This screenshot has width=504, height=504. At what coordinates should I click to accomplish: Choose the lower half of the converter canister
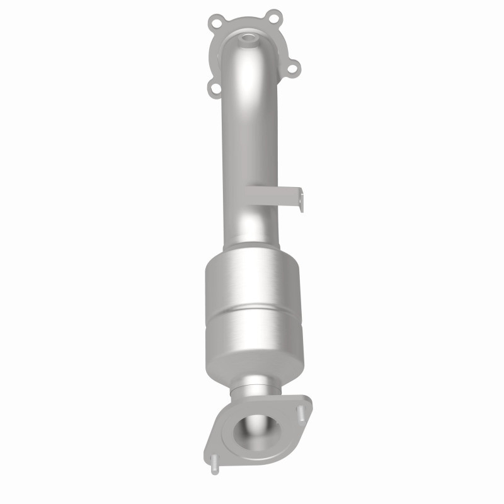(254, 334)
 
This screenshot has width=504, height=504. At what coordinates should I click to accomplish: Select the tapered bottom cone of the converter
(255, 365)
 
